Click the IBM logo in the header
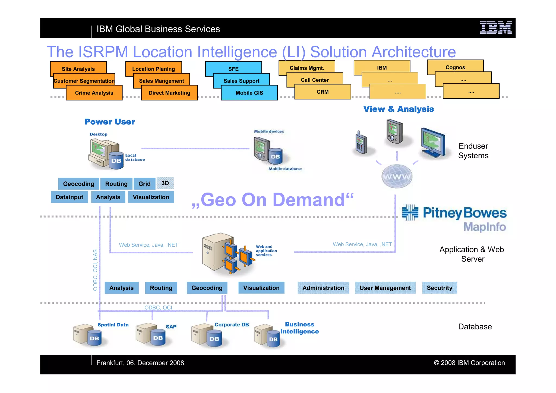tap(496, 28)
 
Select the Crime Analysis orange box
tap(94, 93)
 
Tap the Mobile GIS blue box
tap(249, 93)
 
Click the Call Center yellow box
tap(315, 80)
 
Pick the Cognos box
tap(455, 67)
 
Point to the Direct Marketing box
tap(169, 93)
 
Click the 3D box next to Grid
tap(165, 183)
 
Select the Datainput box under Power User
tap(69, 197)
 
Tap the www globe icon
tap(397, 177)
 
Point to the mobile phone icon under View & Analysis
tap(361, 143)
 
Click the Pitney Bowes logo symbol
tap(410, 212)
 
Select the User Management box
tap(385, 288)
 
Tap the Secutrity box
tap(439, 288)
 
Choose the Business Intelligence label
tap(299, 328)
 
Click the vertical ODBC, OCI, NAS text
tap(95, 270)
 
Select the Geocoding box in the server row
tap(207, 288)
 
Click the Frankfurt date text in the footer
tap(140, 363)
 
